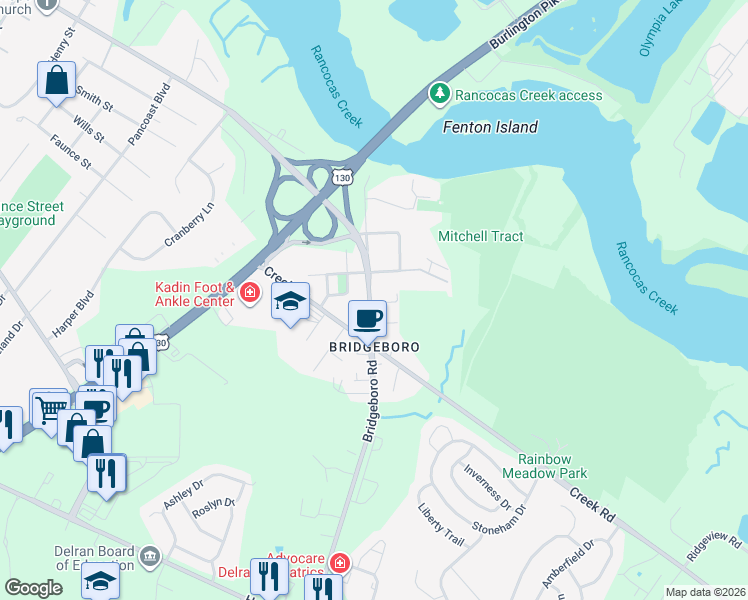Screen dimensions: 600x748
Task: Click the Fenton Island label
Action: tap(490, 127)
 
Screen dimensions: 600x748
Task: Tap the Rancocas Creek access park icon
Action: tap(439, 94)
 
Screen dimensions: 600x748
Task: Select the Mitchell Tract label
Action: tap(481, 236)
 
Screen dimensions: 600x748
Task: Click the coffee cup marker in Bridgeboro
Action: tap(367, 319)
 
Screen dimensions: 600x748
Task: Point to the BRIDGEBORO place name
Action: tap(373, 346)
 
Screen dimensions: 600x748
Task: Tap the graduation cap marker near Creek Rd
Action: tap(290, 301)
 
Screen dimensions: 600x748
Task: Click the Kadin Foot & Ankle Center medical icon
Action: tap(250, 294)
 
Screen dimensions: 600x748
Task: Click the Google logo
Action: tap(33, 588)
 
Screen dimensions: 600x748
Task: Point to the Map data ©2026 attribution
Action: tap(705, 592)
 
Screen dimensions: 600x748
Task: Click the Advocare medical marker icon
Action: tap(340, 562)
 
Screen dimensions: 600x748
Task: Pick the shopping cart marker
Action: tap(48, 407)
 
